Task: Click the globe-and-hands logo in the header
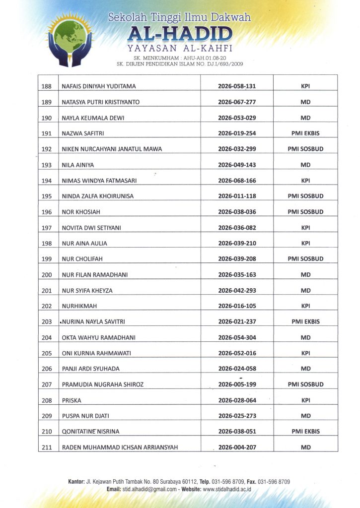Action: pyautogui.click(x=70, y=40)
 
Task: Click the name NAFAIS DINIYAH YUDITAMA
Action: pyautogui.click(x=99, y=86)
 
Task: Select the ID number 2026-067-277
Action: pyautogui.click(x=237, y=102)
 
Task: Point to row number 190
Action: pyautogui.click(x=47, y=118)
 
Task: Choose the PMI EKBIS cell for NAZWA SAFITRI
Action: pyautogui.click(x=305, y=133)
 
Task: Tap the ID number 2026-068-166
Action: pyautogui.click(x=237, y=181)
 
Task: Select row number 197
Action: pyautogui.click(x=47, y=228)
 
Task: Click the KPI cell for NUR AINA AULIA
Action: pyautogui.click(x=305, y=244)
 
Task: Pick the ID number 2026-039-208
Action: pyautogui.click(x=237, y=259)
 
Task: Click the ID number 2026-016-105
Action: pyautogui.click(x=237, y=306)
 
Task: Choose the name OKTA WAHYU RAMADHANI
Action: pyautogui.click(x=99, y=338)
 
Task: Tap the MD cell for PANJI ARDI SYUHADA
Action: pyautogui.click(x=305, y=369)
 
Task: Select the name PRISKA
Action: pyautogui.click(x=72, y=400)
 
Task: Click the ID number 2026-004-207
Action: pyautogui.click(x=237, y=447)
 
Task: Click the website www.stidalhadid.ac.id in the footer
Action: pyautogui.click(x=227, y=489)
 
